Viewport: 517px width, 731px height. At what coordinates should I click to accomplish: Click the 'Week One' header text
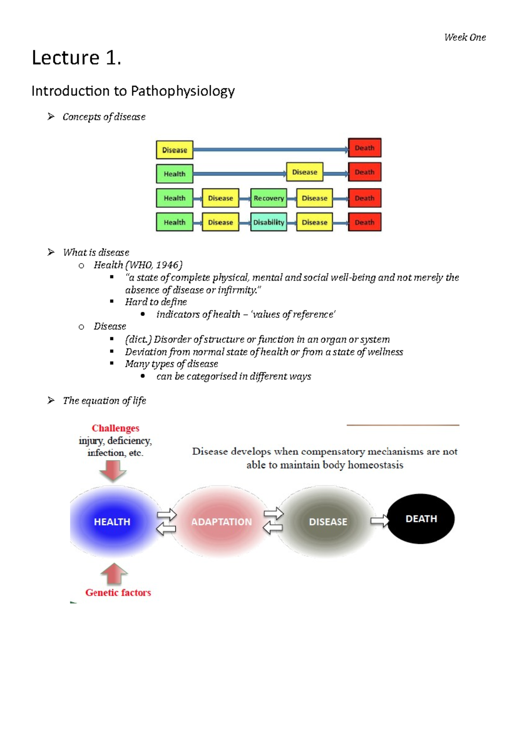point(465,37)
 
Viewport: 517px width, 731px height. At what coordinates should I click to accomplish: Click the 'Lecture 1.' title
point(76,58)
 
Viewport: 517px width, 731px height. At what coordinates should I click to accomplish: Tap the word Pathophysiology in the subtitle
point(183,91)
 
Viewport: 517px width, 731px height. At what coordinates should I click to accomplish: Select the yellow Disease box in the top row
point(174,150)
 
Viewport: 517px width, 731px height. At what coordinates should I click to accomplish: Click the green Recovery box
point(268,198)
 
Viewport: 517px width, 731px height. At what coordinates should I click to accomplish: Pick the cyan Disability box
point(268,222)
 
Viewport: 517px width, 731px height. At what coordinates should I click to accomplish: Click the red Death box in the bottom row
point(364,222)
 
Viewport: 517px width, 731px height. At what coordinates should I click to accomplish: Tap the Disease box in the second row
point(305,172)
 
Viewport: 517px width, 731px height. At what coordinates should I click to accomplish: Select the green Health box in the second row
point(174,174)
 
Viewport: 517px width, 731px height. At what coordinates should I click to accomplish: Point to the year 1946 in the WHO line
point(168,265)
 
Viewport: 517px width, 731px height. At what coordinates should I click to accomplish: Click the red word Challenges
point(115,428)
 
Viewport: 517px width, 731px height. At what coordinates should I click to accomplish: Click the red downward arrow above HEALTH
point(113,471)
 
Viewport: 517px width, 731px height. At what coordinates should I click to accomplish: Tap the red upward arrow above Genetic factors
point(114,574)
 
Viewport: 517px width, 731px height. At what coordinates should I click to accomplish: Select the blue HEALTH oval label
point(112,522)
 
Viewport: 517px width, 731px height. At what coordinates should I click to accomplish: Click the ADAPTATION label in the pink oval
point(221,522)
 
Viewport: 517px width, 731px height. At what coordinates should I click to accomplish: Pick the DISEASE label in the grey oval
point(328,522)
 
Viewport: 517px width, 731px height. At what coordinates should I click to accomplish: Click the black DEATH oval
point(421,519)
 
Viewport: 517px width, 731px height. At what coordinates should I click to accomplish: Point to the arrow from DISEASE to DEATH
point(379,521)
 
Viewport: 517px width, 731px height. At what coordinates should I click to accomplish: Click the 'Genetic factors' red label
point(118,593)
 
